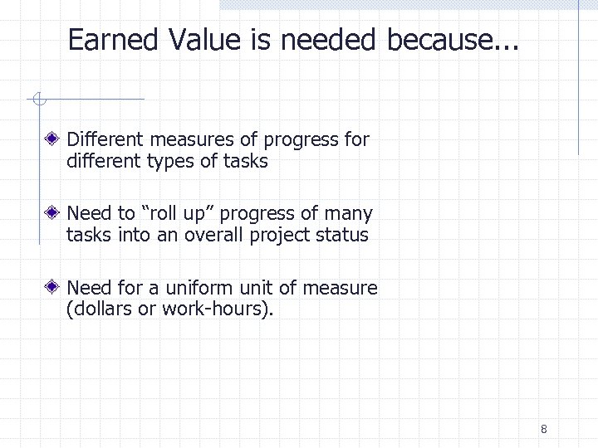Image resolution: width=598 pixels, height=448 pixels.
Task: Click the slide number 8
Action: (543, 429)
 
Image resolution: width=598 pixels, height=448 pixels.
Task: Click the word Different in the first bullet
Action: (102, 139)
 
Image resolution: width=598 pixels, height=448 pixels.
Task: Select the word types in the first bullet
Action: (170, 160)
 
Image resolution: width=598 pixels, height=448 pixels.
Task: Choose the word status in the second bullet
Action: (342, 235)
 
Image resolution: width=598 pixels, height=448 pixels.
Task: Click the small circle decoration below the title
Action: (38, 100)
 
